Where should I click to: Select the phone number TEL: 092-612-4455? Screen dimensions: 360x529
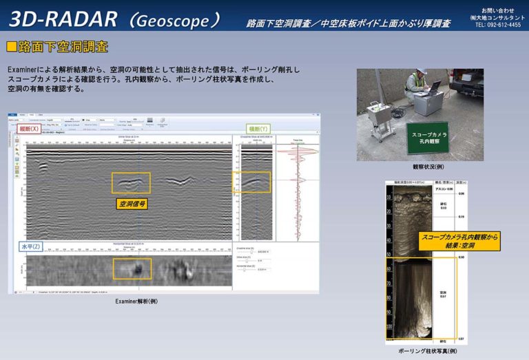(498, 25)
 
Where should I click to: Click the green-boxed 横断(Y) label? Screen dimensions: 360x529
(258, 129)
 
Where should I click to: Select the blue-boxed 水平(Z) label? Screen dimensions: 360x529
(31, 246)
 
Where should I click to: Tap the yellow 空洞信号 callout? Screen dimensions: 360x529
(132, 204)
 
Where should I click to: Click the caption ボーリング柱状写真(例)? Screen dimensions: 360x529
(427, 351)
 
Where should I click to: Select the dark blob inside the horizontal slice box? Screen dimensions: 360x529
(136, 268)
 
